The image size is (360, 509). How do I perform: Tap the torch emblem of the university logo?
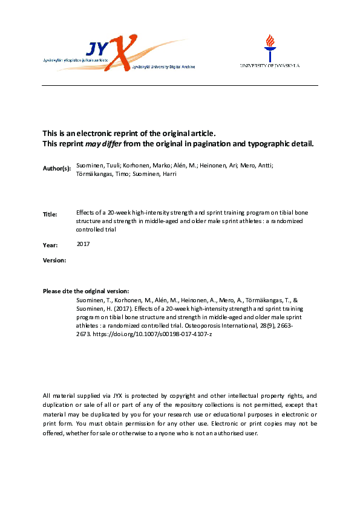coord(270,45)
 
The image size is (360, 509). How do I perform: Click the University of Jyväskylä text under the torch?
coord(270,65)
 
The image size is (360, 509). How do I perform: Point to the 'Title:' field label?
coord(50,214)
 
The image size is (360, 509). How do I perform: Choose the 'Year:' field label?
coord(50,245)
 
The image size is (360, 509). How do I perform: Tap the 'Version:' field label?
coord(54,259)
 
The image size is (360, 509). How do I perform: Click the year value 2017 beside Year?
coord(84,244)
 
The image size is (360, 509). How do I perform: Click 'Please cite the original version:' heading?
coord(86,291)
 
